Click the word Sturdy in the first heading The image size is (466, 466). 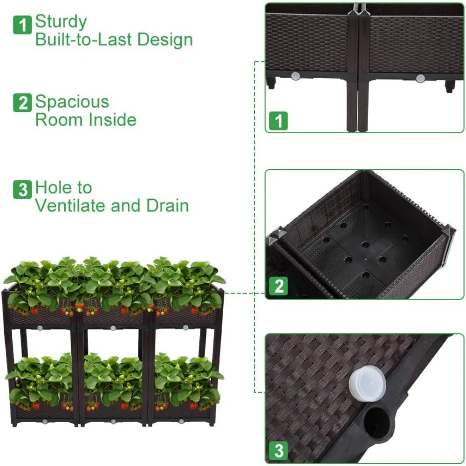pyautogui.click(x=61, y=22)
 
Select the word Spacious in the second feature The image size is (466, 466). pyautogui.click(x=72, y=102)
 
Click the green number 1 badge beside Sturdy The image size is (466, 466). pyautogui.click(x=22, y=24)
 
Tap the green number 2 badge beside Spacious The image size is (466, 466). pyautogui.click(x=22, y=103)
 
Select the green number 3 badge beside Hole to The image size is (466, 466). pyautogui.click(x=22, y=190)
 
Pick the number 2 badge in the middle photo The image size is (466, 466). pyautogui.click(x=279, y=286)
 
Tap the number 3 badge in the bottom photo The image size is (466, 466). pyautogui.click(x=279, y=451)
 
